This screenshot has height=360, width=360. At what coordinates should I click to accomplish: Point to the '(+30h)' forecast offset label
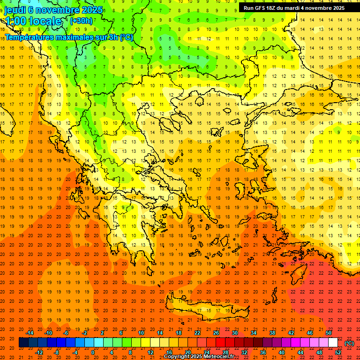click(x=81, y=21)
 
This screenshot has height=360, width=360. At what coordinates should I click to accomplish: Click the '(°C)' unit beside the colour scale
click(x=349, y=343)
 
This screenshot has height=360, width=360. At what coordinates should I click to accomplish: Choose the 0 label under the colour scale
click(x=92, y=352)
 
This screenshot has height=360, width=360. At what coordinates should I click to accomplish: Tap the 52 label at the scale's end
click(x=338, y=352)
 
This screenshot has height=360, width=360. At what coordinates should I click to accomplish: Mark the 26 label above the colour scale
click(x=216, y=333)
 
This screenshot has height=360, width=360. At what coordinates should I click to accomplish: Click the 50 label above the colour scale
click(x=329, y=333)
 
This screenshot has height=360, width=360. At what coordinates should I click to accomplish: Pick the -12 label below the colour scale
click(x=39, y=352)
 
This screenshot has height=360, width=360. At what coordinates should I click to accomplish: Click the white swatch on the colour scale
click(x=333, y=343)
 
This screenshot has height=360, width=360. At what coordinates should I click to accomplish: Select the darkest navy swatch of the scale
click(x=23, y=343)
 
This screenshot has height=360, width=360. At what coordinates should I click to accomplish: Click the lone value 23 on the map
click(x=349, y=282)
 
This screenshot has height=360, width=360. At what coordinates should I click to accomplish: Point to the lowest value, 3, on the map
click(x=85, y=57)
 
